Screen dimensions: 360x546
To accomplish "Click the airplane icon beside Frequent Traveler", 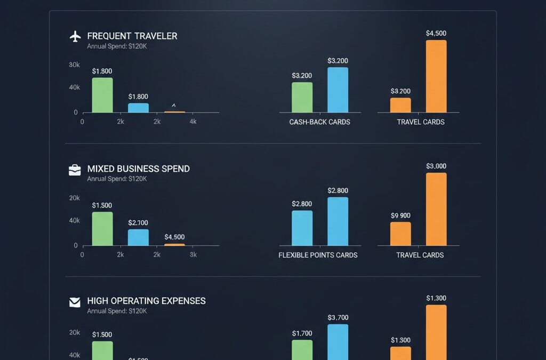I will [x=75, y=36].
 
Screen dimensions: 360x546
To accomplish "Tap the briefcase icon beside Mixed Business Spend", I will [x=75, y=170].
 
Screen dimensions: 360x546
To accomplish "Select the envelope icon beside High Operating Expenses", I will [x=75, y=302].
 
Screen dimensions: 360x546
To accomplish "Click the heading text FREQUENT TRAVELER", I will [x=132, y=36].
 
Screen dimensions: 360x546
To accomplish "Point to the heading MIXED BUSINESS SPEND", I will [x=138, y=169].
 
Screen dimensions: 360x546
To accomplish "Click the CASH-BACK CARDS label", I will [x=319, y=122].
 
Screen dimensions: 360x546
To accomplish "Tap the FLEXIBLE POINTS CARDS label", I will [x=318, y=255].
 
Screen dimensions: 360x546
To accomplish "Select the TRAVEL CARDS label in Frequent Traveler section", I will [x=420, y=122].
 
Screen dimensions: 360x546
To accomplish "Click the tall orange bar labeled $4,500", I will [x=436, y=76].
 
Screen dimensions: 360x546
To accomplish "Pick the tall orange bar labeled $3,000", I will [x=436, y=209].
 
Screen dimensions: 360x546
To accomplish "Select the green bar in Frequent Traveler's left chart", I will [x=102, y=95].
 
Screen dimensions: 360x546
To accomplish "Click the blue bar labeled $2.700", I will [x=138, y=237].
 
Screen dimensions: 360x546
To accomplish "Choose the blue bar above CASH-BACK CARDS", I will [x=338, y=90].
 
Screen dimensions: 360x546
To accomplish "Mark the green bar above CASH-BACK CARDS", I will [x=302, y=98].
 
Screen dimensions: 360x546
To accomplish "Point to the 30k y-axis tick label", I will [x=74, y=65].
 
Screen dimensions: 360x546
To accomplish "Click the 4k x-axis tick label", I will [x=193, y=122].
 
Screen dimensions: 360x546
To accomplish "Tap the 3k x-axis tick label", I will [x=193, y=255].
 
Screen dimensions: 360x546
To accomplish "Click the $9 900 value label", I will [x=400, y=215].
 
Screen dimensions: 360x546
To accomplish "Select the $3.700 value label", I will [x=338, y=318].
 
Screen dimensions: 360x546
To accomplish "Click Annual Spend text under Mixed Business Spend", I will [x=117, y=179].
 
